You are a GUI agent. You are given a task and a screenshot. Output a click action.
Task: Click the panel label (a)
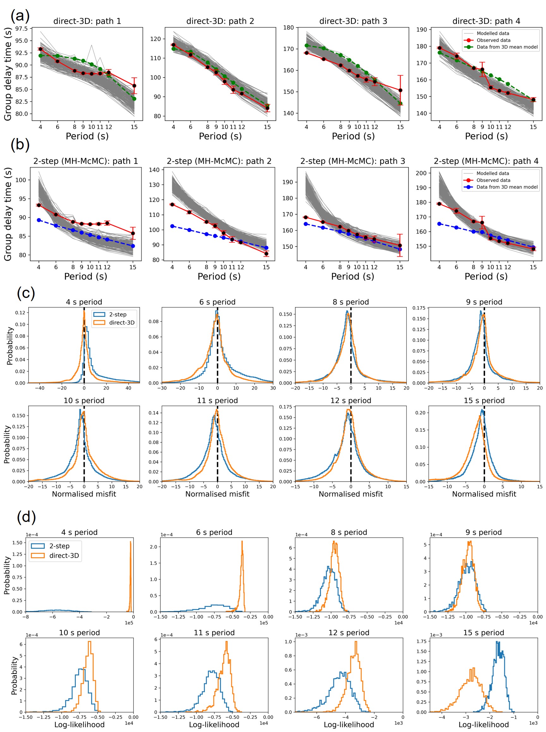(20, 15)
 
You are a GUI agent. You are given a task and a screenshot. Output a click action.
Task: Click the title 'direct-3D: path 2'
(220, 21)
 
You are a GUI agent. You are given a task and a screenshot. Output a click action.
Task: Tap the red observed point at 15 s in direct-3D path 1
(134, 86)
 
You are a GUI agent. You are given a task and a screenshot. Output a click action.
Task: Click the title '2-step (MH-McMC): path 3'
(352, 161)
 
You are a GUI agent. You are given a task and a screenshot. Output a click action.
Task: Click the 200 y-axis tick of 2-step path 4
(421, 173)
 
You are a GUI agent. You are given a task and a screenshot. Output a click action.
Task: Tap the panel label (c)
(26, 293)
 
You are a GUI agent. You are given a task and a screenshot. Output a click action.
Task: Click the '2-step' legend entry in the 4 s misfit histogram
(118, 314)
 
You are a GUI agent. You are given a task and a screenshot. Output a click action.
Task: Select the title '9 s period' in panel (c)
(484, 302)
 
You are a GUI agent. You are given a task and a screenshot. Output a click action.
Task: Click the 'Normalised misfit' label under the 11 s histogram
(217, 494)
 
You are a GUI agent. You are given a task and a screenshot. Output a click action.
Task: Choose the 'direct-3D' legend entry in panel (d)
(64, 555)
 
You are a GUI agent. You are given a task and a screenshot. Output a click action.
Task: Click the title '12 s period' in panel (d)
(349, 632)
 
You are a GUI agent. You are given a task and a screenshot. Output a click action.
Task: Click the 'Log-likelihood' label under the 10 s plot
(79, 724)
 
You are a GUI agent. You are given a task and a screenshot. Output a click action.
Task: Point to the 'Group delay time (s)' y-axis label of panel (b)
(8, 214)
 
